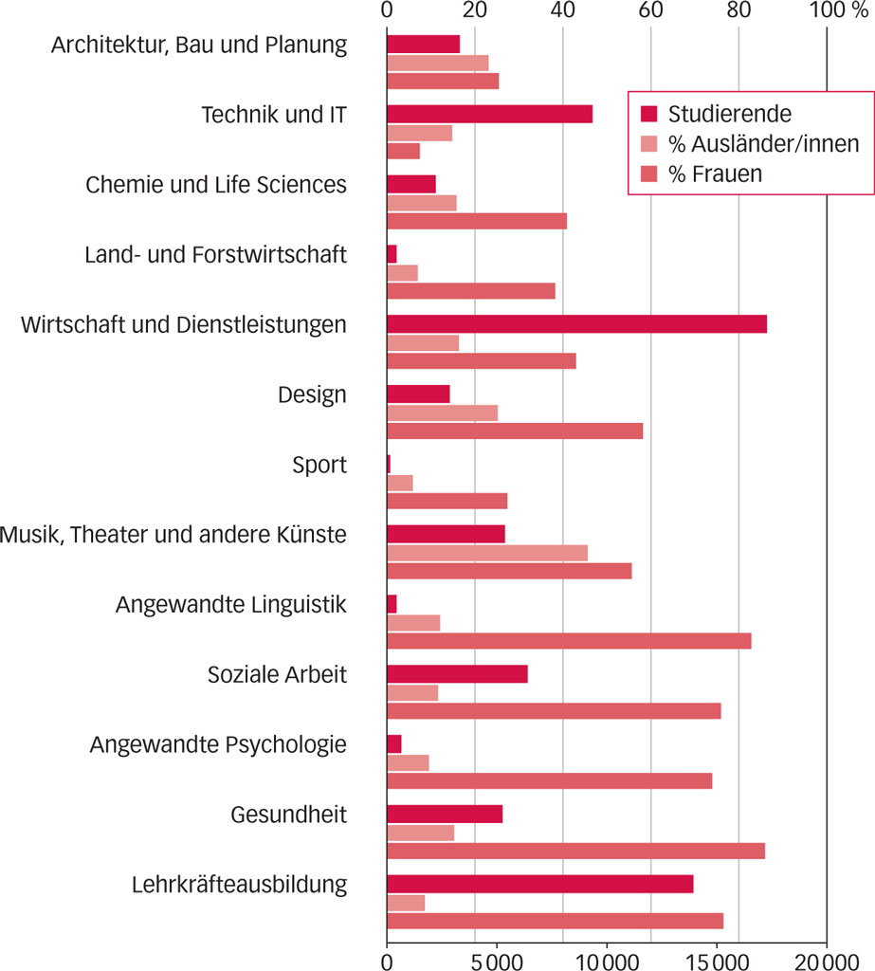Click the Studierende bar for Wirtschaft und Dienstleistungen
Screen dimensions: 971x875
coord(576,324)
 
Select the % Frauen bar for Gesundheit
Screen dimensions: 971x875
coord(575,851)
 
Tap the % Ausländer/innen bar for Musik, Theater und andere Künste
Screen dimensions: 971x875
coord(487,553)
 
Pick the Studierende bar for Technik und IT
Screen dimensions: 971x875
coord(489,114)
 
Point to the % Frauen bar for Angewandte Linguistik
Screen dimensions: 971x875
coord(569,641)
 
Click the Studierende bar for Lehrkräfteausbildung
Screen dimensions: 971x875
coord(539,884)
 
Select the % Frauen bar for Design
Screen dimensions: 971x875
coord(515,431)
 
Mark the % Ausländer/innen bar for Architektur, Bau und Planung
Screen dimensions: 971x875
coord(437,63)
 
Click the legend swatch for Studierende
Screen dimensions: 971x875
coord(649,115)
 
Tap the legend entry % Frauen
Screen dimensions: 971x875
coord(716,174)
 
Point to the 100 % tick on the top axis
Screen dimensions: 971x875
coord(831,11)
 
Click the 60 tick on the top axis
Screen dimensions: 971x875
coord(650,11)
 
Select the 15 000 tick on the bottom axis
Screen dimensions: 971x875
coord(717,960)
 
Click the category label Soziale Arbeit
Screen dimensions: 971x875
coord(277,675)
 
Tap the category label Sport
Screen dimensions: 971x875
coord(319,466)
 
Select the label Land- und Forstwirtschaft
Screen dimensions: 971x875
coord(215,254)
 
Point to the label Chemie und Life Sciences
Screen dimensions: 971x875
coord(216,184)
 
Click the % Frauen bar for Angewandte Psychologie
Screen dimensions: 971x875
coord(549,780)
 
